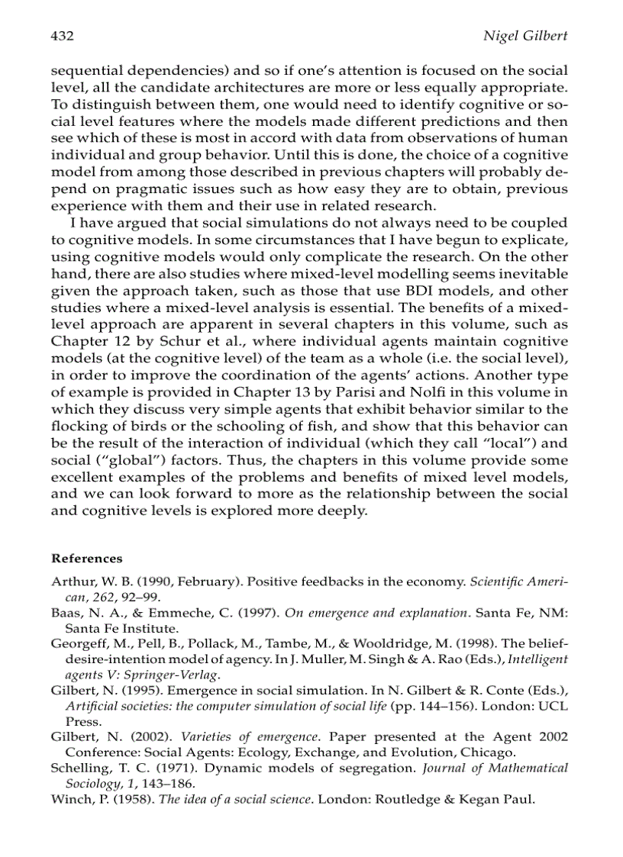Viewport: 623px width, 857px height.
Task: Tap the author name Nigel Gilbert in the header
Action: [526, 36]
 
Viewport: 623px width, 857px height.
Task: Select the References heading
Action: [86, 558]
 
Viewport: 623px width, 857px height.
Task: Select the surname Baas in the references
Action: [66, 613]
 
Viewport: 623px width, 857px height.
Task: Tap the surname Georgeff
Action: [79, 643]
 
